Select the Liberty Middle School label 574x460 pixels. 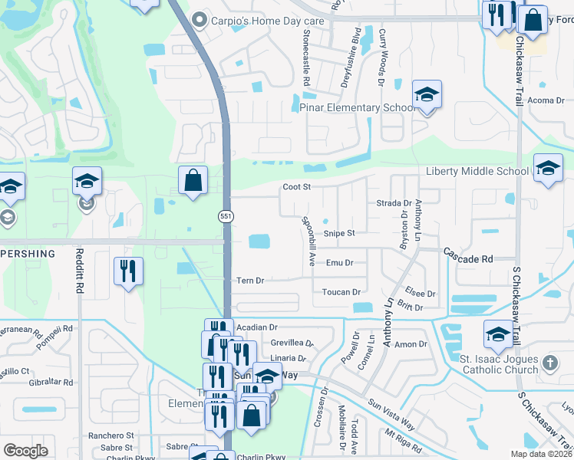(x=477, y=171)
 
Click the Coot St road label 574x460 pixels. (x=296, y=186)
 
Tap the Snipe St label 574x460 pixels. (x=338, y=233)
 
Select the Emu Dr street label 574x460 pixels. (x=339, y=263)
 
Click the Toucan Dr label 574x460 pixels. (x=341, y=292)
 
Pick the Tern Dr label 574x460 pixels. (x=250, y=281)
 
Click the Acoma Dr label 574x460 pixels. (x=546, y=100)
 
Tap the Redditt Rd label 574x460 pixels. (x=80, y=271)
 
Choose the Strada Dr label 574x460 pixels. (x=394, y=203)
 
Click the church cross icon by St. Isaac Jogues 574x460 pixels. (x=549, y=362)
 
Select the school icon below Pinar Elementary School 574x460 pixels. (x=427, y=94)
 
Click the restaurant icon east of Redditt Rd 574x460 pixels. (x=128, y=271)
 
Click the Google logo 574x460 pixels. (x=25, y=451)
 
